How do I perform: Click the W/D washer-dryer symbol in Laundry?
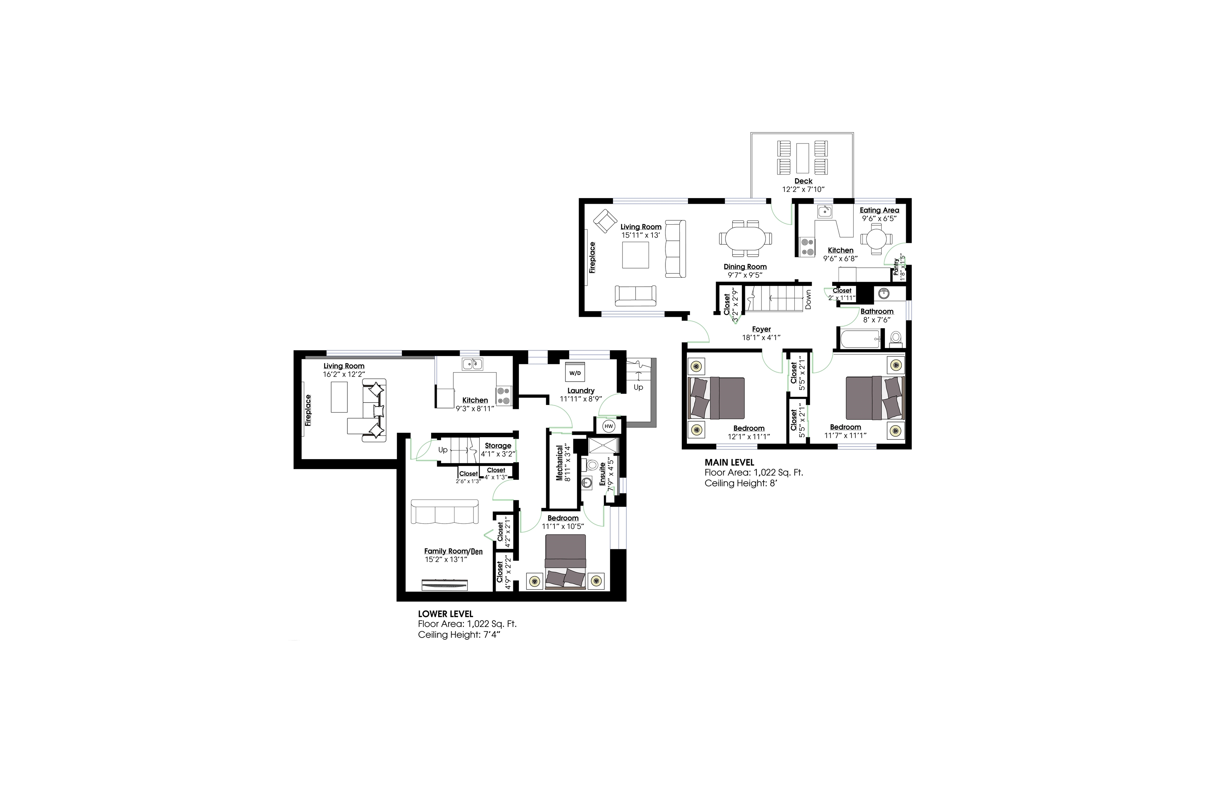[575, 373]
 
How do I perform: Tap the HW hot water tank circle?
[609, 426]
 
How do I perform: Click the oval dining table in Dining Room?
[745, 238]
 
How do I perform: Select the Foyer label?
[762, 329]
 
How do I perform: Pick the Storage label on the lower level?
[498, 445]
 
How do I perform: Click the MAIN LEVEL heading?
[730, 462]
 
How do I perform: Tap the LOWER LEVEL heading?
[445, 614]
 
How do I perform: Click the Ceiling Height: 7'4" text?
[459, 634]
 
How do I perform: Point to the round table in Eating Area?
[876, 239]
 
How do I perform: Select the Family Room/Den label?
[453, 551]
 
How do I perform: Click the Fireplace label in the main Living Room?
[592, 257]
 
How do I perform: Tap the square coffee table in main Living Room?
[635, 255]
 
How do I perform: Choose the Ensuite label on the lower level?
[602, 474]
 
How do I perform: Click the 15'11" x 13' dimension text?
[641, 235]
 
